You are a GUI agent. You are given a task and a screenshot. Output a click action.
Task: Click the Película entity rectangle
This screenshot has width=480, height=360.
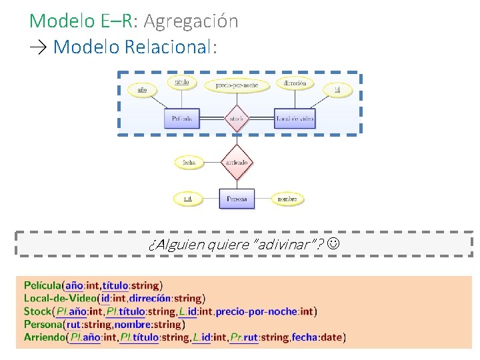click(x=181, y=119)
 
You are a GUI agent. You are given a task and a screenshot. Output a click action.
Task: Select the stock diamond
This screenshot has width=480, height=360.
click(x=237, y=119)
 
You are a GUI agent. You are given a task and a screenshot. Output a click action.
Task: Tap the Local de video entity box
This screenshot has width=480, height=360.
click(x=294, y=119)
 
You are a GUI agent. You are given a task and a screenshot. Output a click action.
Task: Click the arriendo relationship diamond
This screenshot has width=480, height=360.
click(x=237, y=162)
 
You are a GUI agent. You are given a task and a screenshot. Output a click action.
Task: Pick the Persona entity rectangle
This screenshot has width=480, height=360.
click(x=237, y=199)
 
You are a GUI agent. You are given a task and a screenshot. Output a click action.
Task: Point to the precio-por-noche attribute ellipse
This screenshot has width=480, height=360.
click(x=237, y=85)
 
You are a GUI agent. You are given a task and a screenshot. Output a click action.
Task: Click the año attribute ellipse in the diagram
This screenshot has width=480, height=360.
click(x=142, y=89)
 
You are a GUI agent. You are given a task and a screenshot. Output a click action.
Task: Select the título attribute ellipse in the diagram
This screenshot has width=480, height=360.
click(x=181, y=82)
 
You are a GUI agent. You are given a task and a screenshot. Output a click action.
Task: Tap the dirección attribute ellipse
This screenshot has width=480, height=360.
click(x=294, y=83)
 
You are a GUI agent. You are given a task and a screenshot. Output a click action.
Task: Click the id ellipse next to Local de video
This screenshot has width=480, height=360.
click(x=337, y=89)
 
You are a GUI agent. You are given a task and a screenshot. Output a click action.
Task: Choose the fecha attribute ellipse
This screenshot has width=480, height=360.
click(x=189, y=162)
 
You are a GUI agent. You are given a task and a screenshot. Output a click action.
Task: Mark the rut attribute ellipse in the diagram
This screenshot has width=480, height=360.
click(x=188, y=199)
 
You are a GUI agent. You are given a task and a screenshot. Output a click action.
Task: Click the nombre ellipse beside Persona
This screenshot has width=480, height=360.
click(x=287, y=199)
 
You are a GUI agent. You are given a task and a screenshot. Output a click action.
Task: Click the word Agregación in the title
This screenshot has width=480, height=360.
click(x=191, y=21)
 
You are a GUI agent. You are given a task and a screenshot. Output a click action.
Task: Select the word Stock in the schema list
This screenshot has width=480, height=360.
click(x=37, y=311)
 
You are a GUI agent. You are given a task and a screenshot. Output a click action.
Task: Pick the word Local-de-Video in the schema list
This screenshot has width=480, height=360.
click(x=60, y=299)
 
